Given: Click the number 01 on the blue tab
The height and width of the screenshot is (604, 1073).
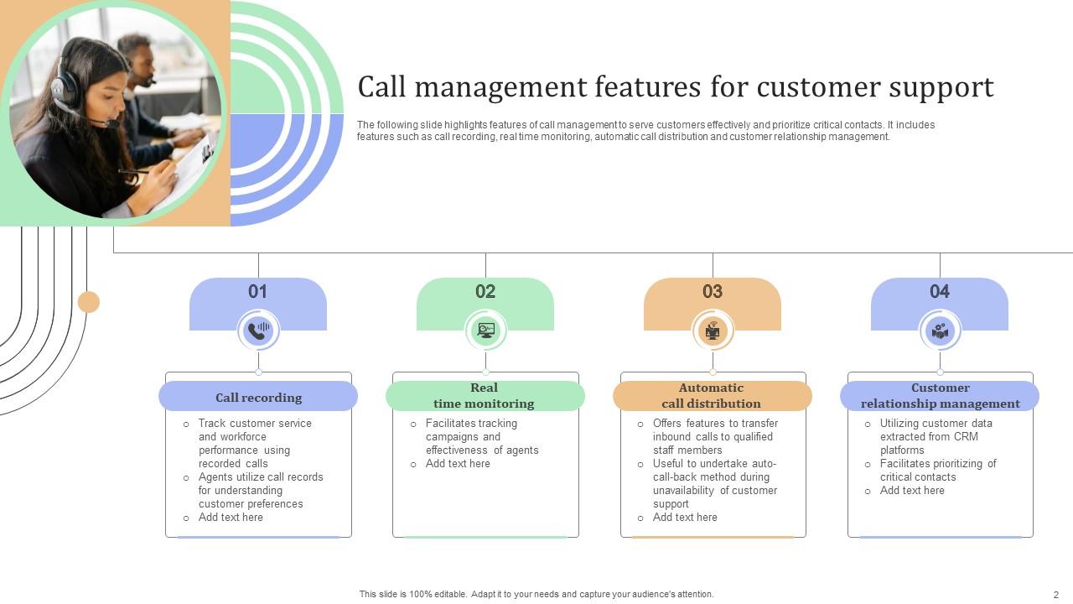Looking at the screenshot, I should pyautogui.click(x=257, y=292).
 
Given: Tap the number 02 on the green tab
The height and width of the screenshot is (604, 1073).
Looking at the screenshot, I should pyautogui.click(x=485, y=292).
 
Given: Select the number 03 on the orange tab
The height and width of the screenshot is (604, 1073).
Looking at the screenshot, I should pyautogui.click(x=713, y=292).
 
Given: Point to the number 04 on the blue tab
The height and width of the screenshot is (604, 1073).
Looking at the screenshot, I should pyautogui.click(x=940, y=292).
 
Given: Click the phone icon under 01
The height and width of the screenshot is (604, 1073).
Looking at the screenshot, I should pyautogui.click(x=258, y=331).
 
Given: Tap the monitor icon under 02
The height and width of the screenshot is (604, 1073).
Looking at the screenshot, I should pyautogui.click(x=485, y=331).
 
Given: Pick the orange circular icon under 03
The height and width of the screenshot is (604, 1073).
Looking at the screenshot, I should pyautogui.click(x=713, y=331).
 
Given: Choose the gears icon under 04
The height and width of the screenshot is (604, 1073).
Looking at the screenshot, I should pyautogui.click(x=940, y=331).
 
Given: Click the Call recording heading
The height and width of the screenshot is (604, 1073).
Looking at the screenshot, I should pyautogui.click(x=258, y=398).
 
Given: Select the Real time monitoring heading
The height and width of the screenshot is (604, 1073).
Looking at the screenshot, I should pyautogui.click(x=485, y=396).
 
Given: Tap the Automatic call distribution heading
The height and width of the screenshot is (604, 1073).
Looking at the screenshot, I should pyautogui.click(x=712, y=396).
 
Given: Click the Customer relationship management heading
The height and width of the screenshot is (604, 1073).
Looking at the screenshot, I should pyautogui.click(x=940, y=396).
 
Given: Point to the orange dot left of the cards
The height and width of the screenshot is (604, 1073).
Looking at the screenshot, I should pyautogui.click(x=89, y=302).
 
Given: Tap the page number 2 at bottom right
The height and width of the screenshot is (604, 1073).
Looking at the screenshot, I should pyautogui.click(x=1056, y=595).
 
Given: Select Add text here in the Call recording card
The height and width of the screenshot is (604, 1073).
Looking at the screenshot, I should pyautogui.click(x=231, y=518).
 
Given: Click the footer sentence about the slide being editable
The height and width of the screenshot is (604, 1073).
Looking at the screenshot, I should pyautogui.click(x=536, y=594).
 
